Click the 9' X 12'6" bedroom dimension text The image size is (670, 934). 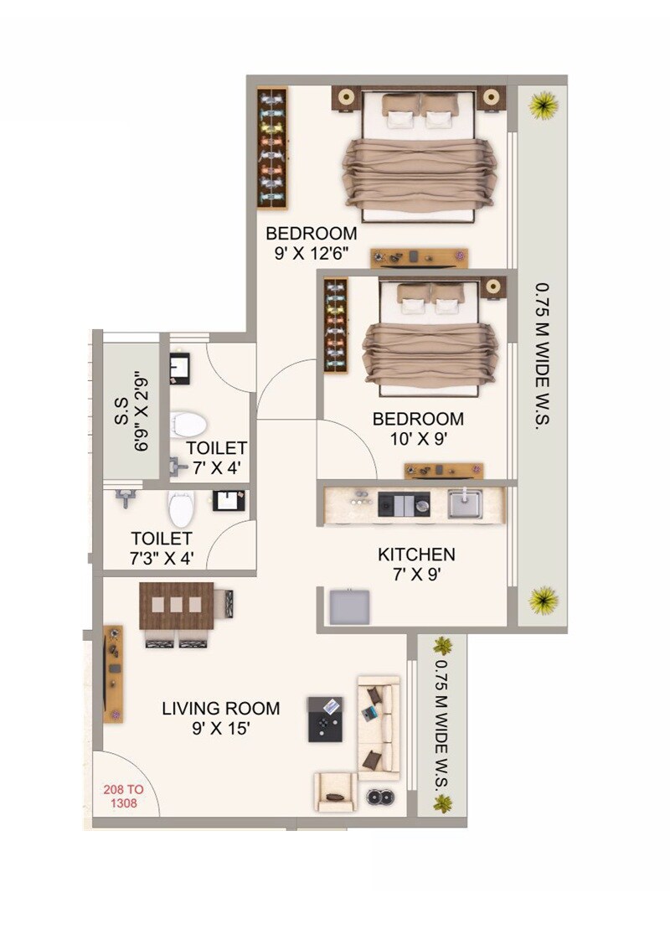click(312, 251)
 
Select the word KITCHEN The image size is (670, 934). click(416, 555)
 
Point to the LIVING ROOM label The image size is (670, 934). click(221, 709)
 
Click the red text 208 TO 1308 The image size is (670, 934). click(120, 796)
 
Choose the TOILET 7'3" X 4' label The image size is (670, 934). click(162, 548)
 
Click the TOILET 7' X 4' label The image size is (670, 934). click(216, 457)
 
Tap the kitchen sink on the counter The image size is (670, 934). click(465, 504)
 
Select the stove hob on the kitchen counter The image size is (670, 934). click(404, 504)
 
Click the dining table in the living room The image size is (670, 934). click(177, 605)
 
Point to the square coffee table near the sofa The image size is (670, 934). click(325, 719)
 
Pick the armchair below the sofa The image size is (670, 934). click(336, 791)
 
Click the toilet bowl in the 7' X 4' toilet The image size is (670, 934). click(188, 425)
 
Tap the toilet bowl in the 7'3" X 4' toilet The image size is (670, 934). click(181, 509)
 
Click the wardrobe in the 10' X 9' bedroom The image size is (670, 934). click(335, 326)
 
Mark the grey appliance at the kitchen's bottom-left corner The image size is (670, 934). click(349, 606)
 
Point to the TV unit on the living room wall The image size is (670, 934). click(113, 673)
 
